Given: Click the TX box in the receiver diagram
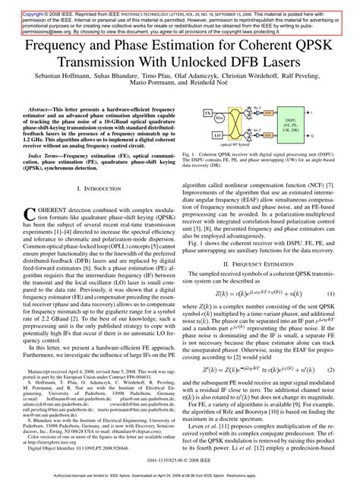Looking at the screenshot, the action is tap(210, 112).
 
